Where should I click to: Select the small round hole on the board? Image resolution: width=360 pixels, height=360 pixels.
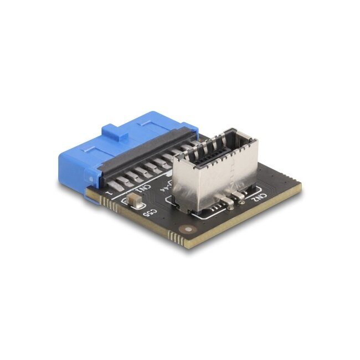[x=191, y=229]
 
